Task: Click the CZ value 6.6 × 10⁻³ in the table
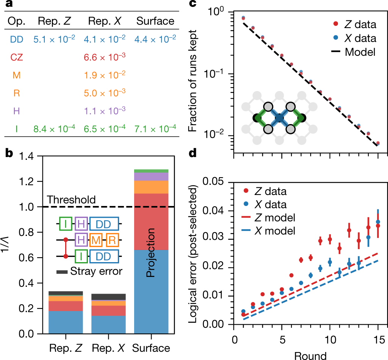pyautogui.click(x=104, y=56)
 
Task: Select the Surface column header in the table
pyautogui.click(x=155, y=21)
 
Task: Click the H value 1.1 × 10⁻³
pyautogui.click(x=104, y=111)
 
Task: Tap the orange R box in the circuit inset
pyautogui.click(x=112, y=240)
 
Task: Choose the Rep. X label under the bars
pyautogui.click(x=109, y=347)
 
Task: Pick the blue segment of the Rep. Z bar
pyautogui.click(x=66, y=322)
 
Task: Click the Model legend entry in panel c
pyautogui.click(x=360, y=52)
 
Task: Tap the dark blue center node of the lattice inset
pyautogui.click(x=279, y=118)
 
